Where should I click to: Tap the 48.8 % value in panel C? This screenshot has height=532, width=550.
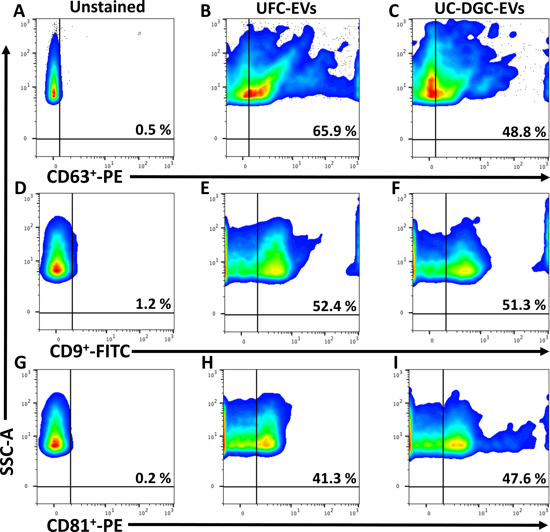(x=524, y=132)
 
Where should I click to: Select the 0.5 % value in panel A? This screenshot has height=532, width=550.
(x=153, y=130)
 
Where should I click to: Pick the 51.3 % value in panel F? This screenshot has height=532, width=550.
(x=524, y=305)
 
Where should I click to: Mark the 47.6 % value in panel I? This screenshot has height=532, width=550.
(x=524, y=478)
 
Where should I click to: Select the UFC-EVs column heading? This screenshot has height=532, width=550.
(x=286, y=8)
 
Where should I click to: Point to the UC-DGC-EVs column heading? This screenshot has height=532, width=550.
(x=479, y=8)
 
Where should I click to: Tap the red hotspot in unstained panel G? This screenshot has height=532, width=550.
(x=56, y=443)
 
